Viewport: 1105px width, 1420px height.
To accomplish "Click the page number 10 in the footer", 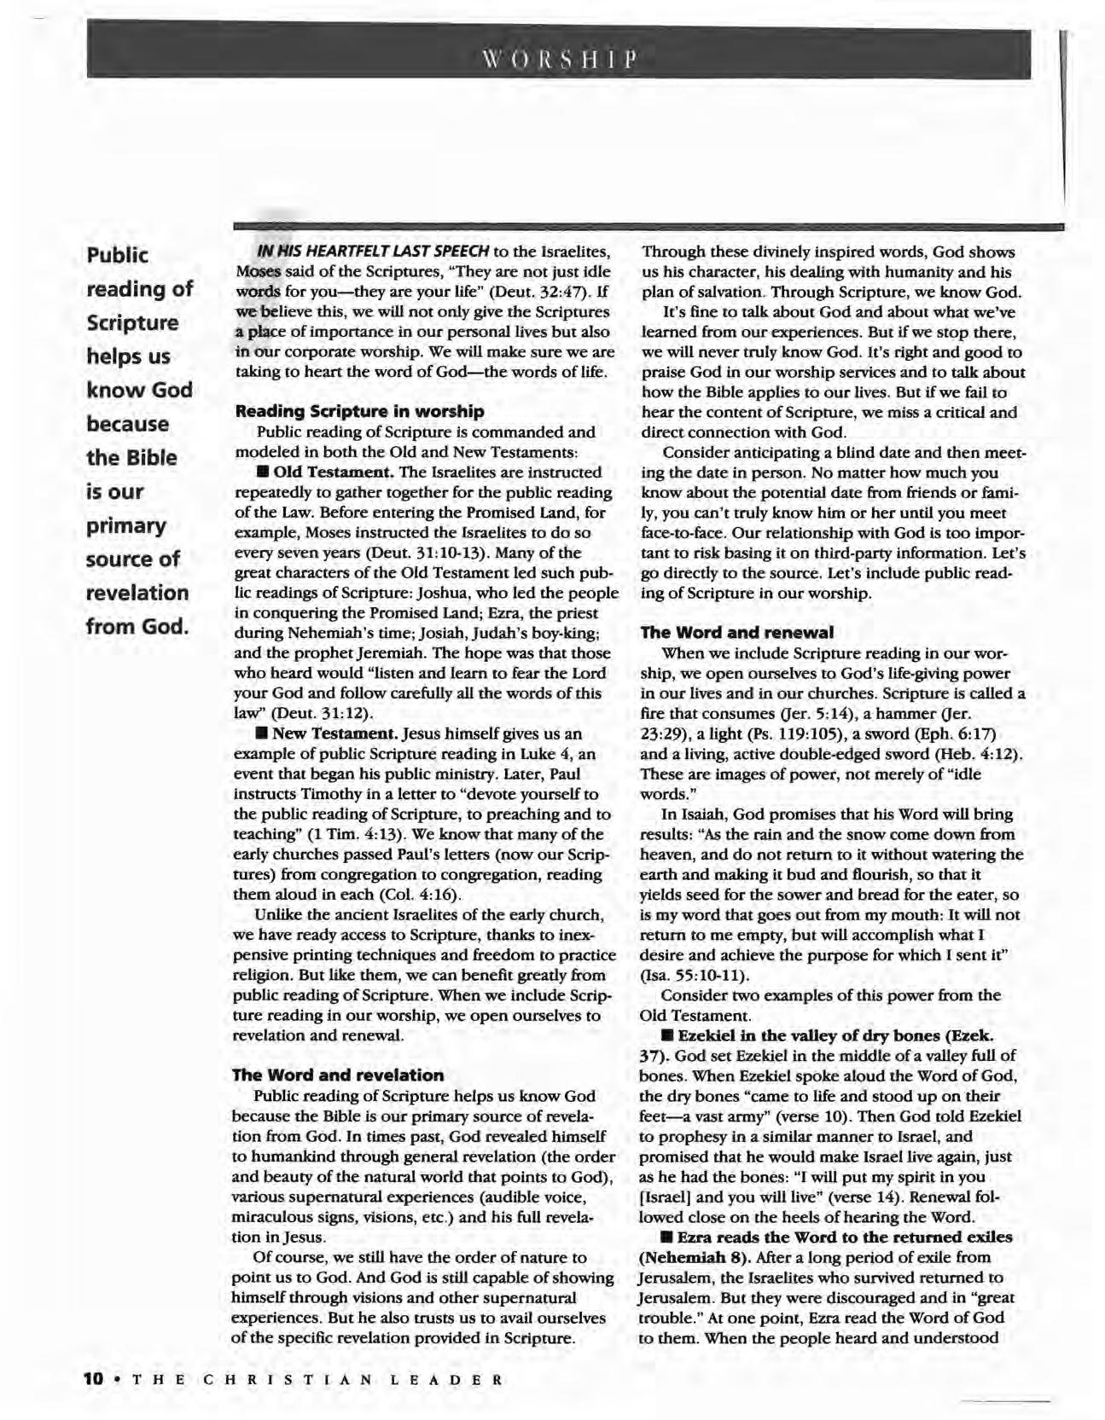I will click(x=94, y=1379).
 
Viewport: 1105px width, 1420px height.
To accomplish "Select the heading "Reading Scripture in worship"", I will click(x=359, y=411).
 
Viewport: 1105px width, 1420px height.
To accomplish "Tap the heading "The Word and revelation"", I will click(x=338, y=1075).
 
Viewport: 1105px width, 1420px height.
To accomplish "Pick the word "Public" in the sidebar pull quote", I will click(x=118, y=256).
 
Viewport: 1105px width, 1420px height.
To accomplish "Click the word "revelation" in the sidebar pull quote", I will click(x=137, y=593).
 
